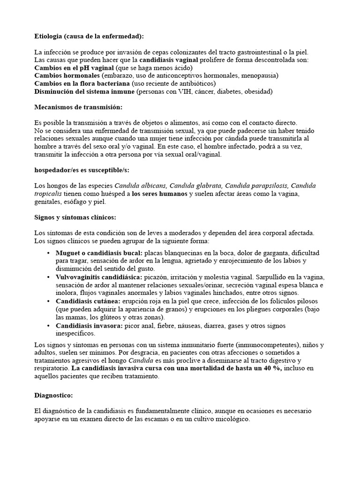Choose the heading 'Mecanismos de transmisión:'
78,107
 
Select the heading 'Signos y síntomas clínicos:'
75,217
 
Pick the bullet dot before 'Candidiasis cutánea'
49,301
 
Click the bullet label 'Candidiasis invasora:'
89,325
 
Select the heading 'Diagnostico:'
53,396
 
